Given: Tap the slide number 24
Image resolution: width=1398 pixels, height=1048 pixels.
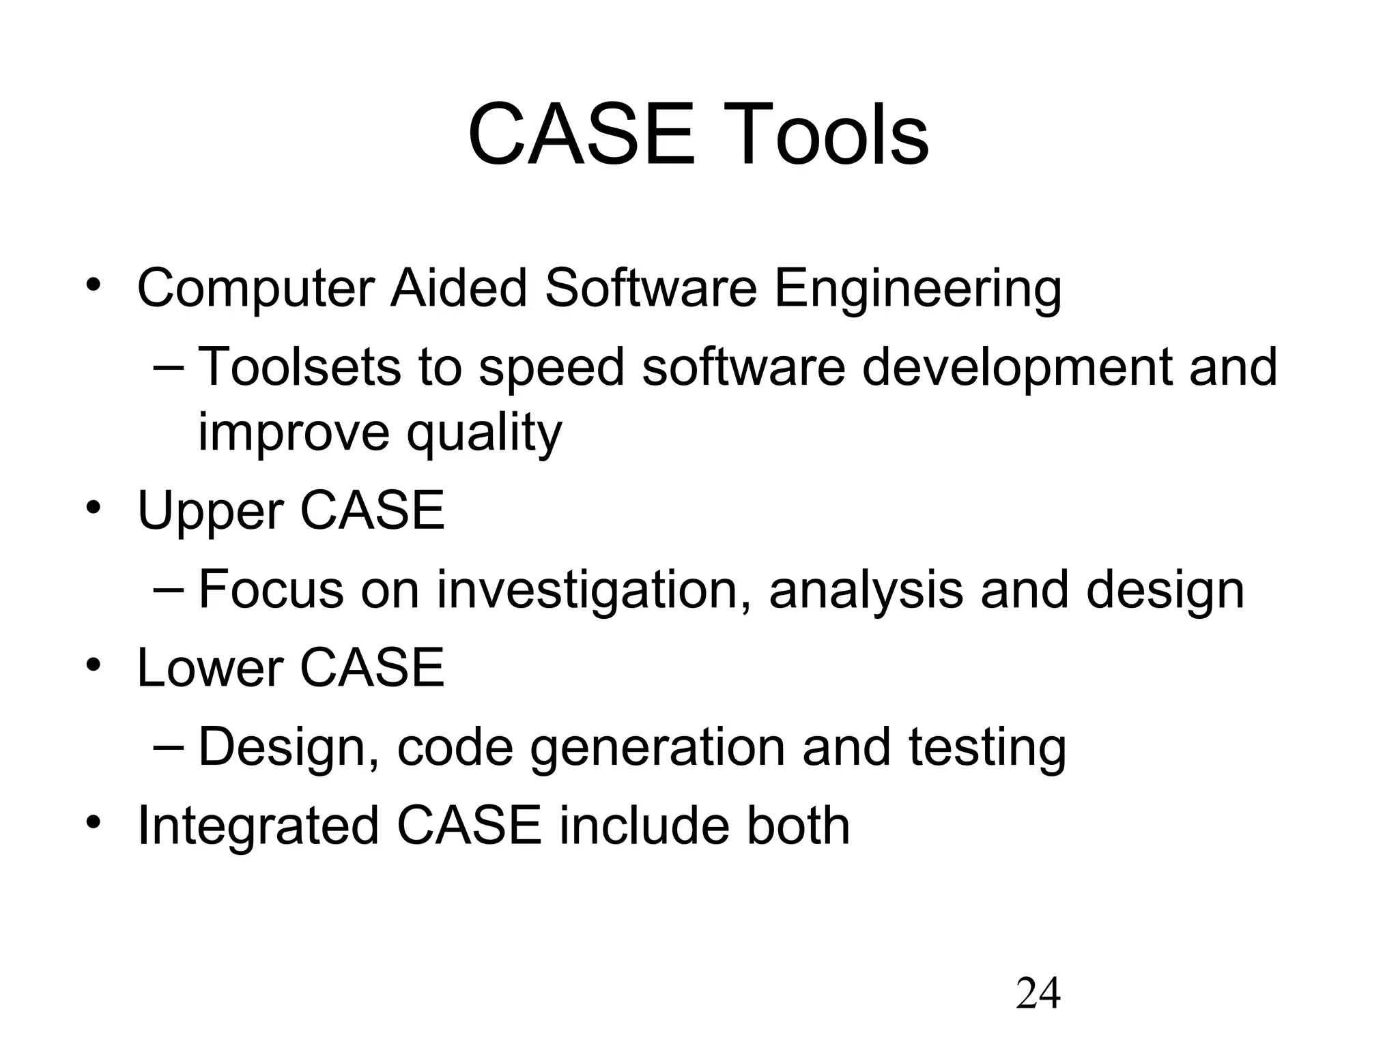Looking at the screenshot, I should [1038, 993].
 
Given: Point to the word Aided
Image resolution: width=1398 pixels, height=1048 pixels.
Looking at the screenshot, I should [459, 289].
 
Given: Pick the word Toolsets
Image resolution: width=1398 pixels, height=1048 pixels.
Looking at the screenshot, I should [299, 367].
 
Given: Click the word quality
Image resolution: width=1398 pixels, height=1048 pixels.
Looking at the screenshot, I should [484, 433].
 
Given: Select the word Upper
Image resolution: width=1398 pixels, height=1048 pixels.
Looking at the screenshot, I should [210, 512].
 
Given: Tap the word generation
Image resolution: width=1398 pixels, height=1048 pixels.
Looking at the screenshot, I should [657, 748].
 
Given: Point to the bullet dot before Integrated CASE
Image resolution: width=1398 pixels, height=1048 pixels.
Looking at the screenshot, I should [94, 822].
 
